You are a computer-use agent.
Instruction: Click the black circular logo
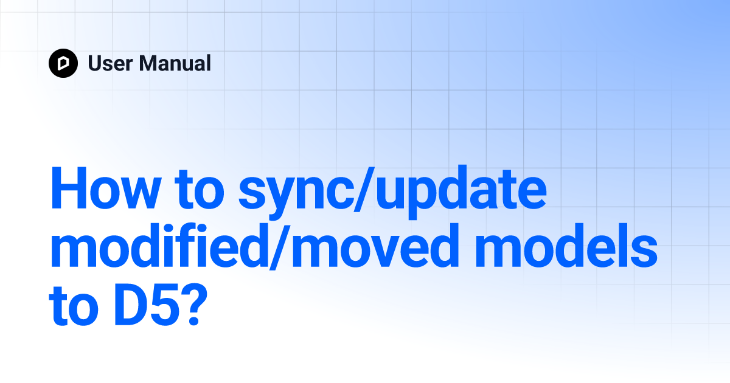click(x=63, y=63)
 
